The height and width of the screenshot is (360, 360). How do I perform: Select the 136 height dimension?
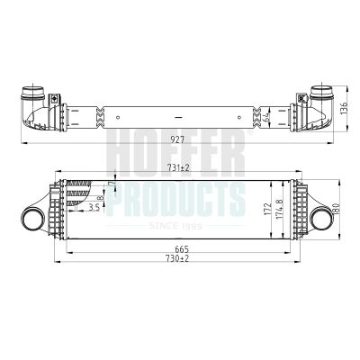pos(344,109)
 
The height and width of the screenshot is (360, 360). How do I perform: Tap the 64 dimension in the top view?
pos(266,116)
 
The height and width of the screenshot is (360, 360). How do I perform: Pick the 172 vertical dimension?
pos(265,208)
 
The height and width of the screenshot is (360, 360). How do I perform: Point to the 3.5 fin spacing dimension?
pos(94,207)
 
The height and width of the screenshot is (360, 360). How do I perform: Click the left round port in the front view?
pos(32,219)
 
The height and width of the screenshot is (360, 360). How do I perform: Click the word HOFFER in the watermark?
pos(175,155)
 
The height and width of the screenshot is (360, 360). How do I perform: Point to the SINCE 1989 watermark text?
pos(176,226)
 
